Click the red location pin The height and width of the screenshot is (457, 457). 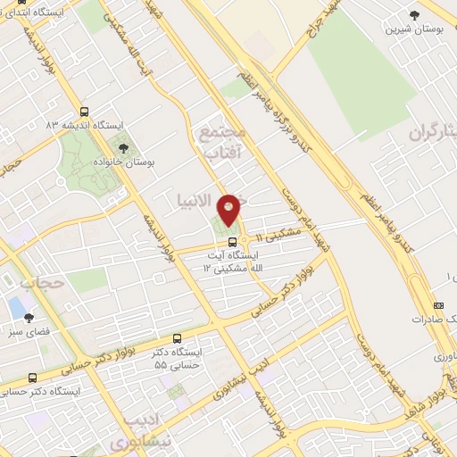229,209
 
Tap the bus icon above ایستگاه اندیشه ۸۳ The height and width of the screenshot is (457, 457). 85,112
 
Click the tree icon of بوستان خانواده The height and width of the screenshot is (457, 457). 122,149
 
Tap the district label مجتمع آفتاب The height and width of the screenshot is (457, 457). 222,143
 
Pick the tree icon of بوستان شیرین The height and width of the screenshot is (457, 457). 414,15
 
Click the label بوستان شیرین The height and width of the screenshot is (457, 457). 408,29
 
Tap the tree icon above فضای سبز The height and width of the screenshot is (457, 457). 29,317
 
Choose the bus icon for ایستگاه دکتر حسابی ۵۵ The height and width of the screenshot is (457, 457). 178,338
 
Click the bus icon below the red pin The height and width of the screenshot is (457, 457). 231,240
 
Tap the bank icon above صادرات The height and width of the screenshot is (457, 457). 437,302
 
